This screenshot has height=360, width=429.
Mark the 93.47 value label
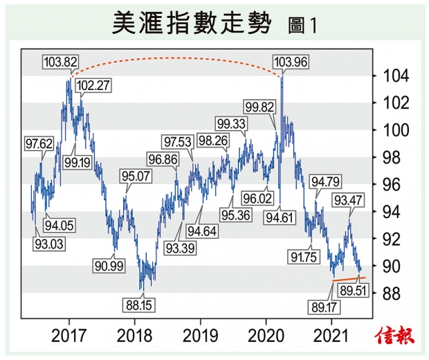[350, 201]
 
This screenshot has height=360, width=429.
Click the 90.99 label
[110, 264]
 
